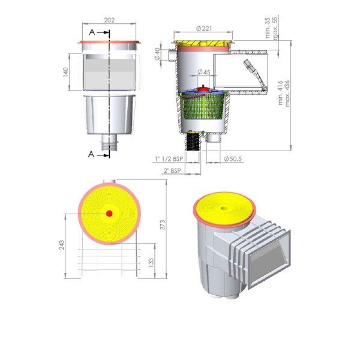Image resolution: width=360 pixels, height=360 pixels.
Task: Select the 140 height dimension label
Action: tap(66, 72)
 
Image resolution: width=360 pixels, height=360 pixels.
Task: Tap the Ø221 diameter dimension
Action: tap(203, 29)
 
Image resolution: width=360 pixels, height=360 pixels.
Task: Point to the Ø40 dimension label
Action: tap(157, 54)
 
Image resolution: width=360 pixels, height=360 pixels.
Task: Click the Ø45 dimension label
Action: tap(204, 72)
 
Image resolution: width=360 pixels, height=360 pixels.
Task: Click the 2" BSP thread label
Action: tap(172, 171)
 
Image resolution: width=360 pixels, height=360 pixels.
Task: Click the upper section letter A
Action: tap(92, 32)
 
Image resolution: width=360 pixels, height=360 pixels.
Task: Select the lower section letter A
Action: tap(92, 154)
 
